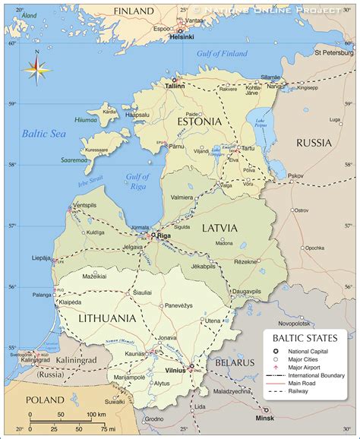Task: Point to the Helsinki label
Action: (182, 36)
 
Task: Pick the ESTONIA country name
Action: (198, 122)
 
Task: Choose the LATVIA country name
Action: (219, 228)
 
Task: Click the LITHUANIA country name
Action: (107, 318)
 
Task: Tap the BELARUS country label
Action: (233, 363)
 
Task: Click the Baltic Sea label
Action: (44, 134)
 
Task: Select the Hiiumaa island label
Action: (85, 119)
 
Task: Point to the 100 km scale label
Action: (96, 414)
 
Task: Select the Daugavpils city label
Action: (247, 292)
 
